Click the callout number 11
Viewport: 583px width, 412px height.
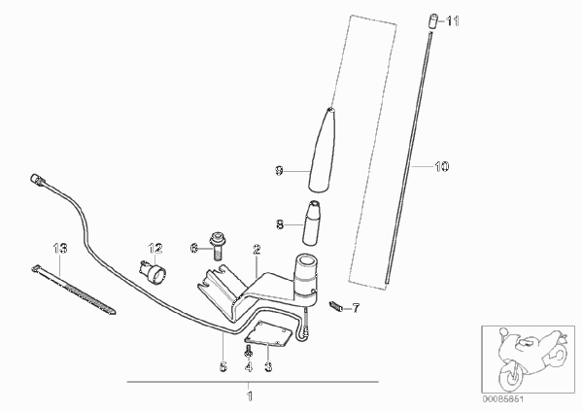[453, 21]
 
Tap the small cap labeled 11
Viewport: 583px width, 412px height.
[432, 20]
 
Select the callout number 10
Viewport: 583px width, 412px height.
[442, 166]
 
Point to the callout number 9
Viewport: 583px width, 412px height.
[279, 171]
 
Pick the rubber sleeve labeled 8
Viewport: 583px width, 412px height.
[312, 223]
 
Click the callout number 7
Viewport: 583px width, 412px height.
[356, 308]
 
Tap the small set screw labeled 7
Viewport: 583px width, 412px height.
[335, 306]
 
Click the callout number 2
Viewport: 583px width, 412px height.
[257, 250]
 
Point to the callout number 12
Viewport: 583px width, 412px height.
[155, 248]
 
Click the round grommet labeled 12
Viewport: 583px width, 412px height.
[154, 272]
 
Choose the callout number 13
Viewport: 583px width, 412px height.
[60, 248]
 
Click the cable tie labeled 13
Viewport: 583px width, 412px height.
[73, 289]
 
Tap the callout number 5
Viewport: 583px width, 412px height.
[223, 367]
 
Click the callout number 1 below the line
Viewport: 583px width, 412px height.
[250, 396]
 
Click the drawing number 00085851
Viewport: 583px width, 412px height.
[503, 399]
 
